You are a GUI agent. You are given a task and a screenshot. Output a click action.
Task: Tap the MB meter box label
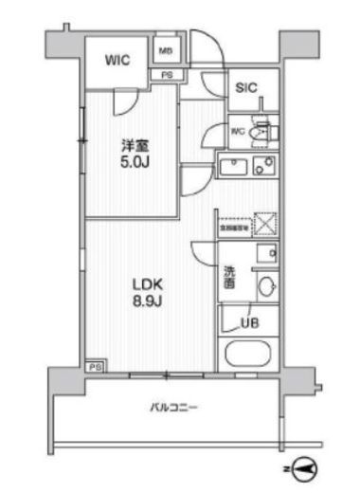tap(166, 50)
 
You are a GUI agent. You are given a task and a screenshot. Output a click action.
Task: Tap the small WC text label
tap(236, 132)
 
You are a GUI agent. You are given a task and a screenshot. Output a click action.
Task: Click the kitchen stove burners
tap(266, 167)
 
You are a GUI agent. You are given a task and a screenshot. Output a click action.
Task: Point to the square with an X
tap(266, 224)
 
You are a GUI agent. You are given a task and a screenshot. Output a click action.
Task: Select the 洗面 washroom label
tap(230, 278)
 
